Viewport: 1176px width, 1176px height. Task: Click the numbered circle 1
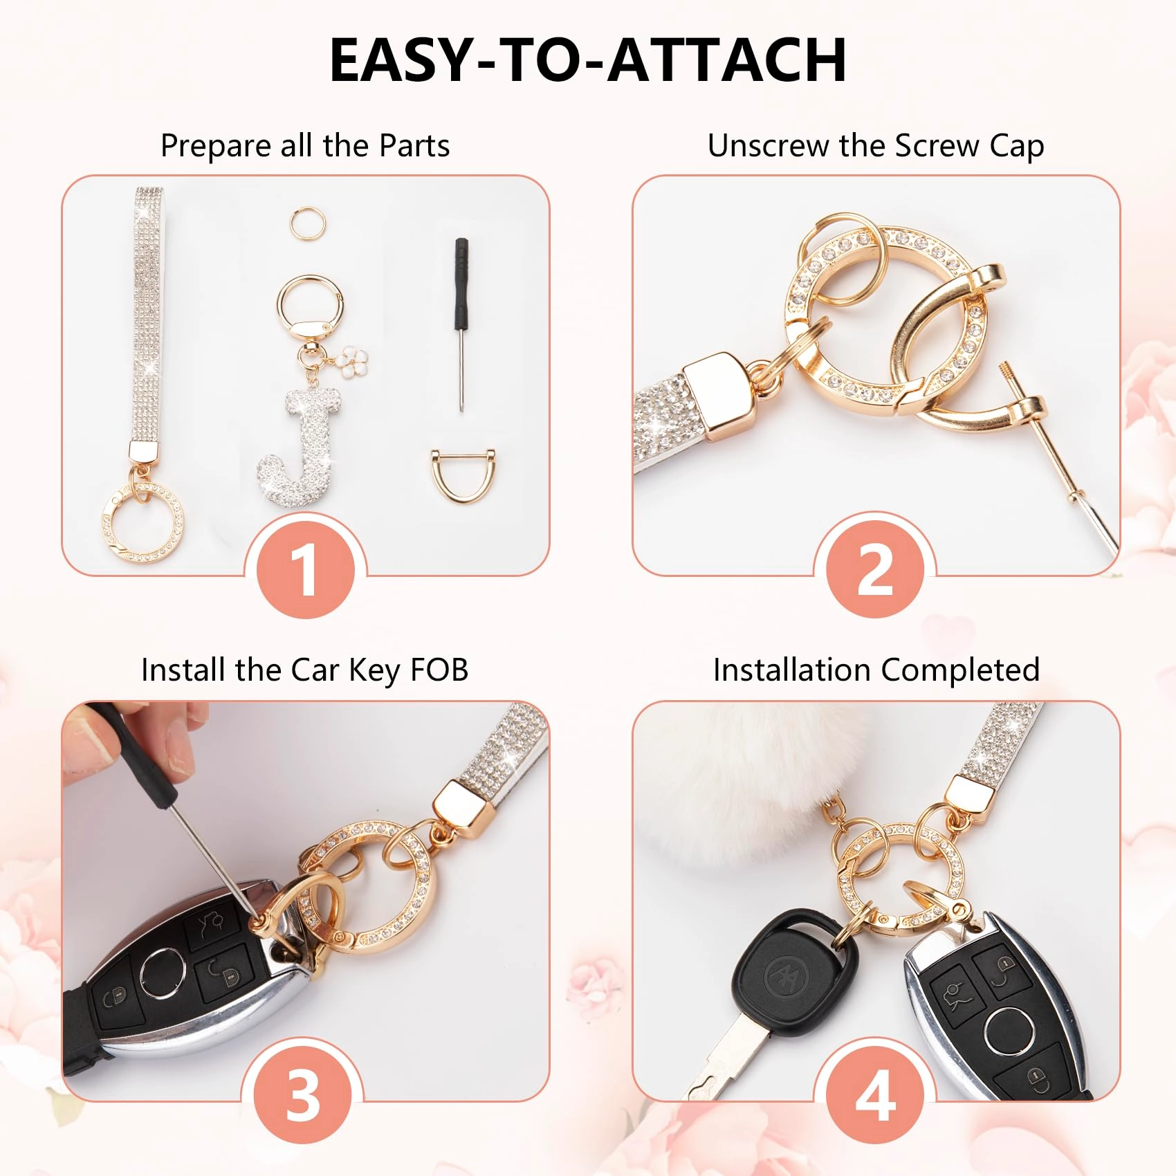tap(305, 569)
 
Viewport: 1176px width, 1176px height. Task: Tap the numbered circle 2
tap(875, 569)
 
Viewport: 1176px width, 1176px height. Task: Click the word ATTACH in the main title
tap(726, 60)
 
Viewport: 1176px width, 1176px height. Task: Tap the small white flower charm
tap(353, 360)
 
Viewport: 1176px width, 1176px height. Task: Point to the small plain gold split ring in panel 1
tap(308, 224)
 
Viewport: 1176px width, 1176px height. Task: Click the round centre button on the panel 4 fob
tap(1009, 1030)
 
